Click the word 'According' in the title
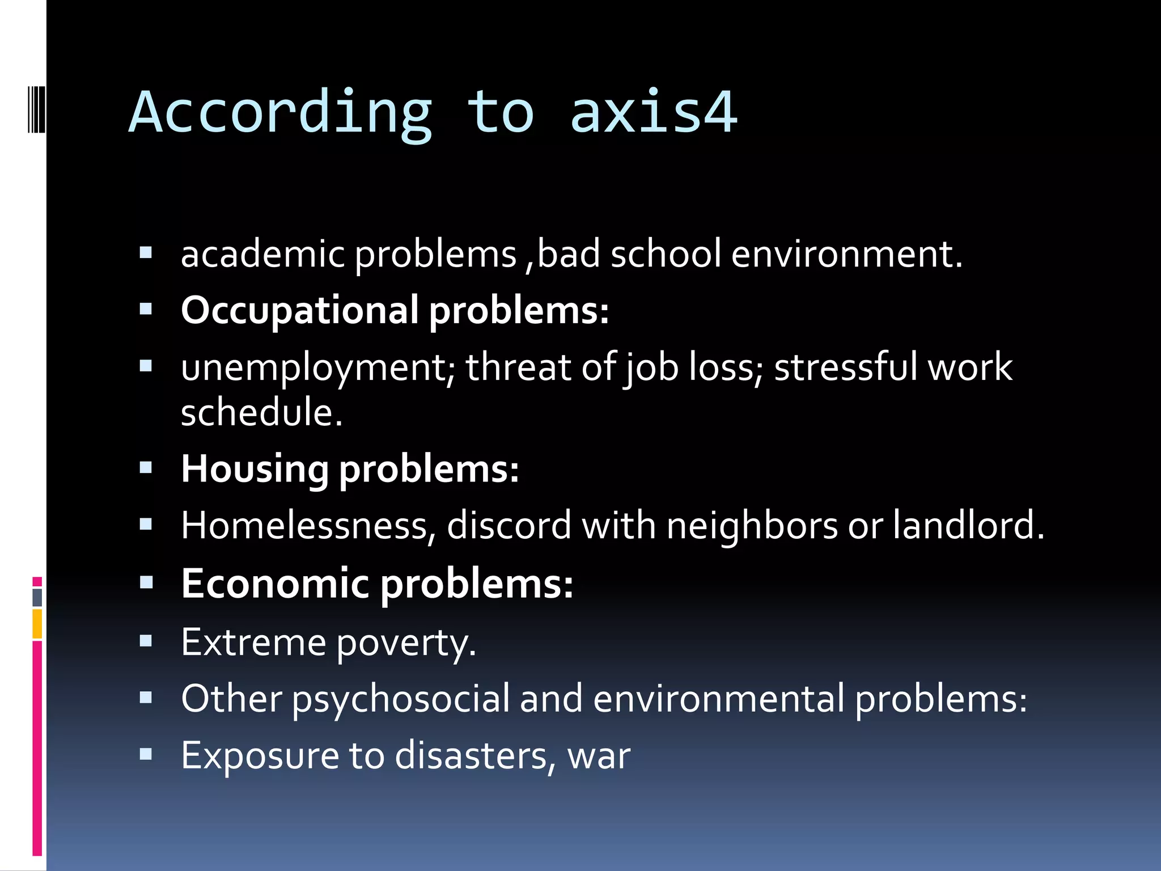click(281, 113)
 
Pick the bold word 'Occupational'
click(300, 311)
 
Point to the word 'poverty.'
click(406, 642)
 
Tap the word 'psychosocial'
click(401, 699)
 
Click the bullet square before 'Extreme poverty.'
click(146, 641)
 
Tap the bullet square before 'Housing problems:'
click(146, 468)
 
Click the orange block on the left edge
click(37, 623)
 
